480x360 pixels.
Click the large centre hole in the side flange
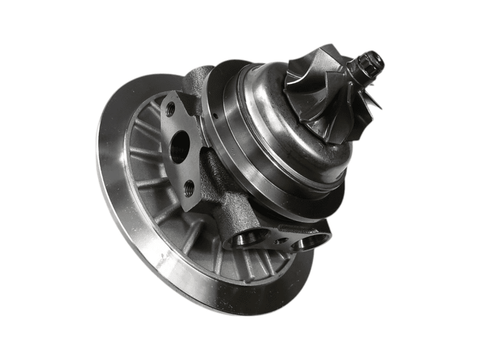coord(181,151)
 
